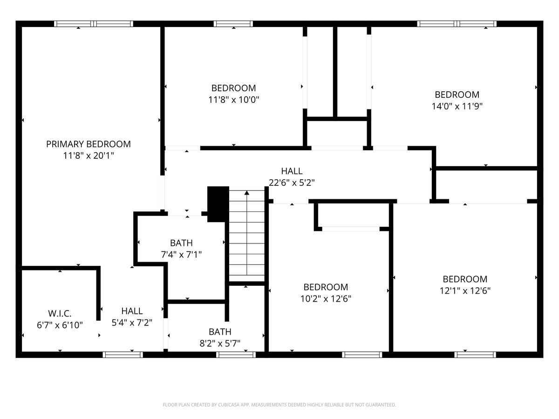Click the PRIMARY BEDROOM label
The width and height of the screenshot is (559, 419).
pos(89,144)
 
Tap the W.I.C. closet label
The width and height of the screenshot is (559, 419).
pos(60,313)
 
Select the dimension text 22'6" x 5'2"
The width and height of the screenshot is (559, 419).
pos(292,182)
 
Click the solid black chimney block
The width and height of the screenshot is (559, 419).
pos(218,203)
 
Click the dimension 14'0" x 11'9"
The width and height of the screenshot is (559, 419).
pos(457,106)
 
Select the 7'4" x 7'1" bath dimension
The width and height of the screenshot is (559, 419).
pos(181,254)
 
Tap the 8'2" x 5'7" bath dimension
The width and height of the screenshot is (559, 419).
pos(220,344)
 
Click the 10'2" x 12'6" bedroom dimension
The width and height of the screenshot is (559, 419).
pos(326,298)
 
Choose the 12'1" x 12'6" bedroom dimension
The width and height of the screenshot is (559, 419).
pos(465,291)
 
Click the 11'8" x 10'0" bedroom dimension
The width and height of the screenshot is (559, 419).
pos(233,99)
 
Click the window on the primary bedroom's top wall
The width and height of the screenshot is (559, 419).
pos(94,24)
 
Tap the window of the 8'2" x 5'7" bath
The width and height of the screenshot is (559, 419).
pos(236,355)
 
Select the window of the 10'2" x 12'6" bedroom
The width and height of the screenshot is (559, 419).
pos(362,355)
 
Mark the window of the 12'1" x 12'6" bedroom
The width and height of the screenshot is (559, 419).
pos(475,355)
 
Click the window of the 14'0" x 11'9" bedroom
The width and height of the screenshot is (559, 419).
pos(457,24)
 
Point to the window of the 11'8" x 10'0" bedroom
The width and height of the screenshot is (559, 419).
pos(233,24)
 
